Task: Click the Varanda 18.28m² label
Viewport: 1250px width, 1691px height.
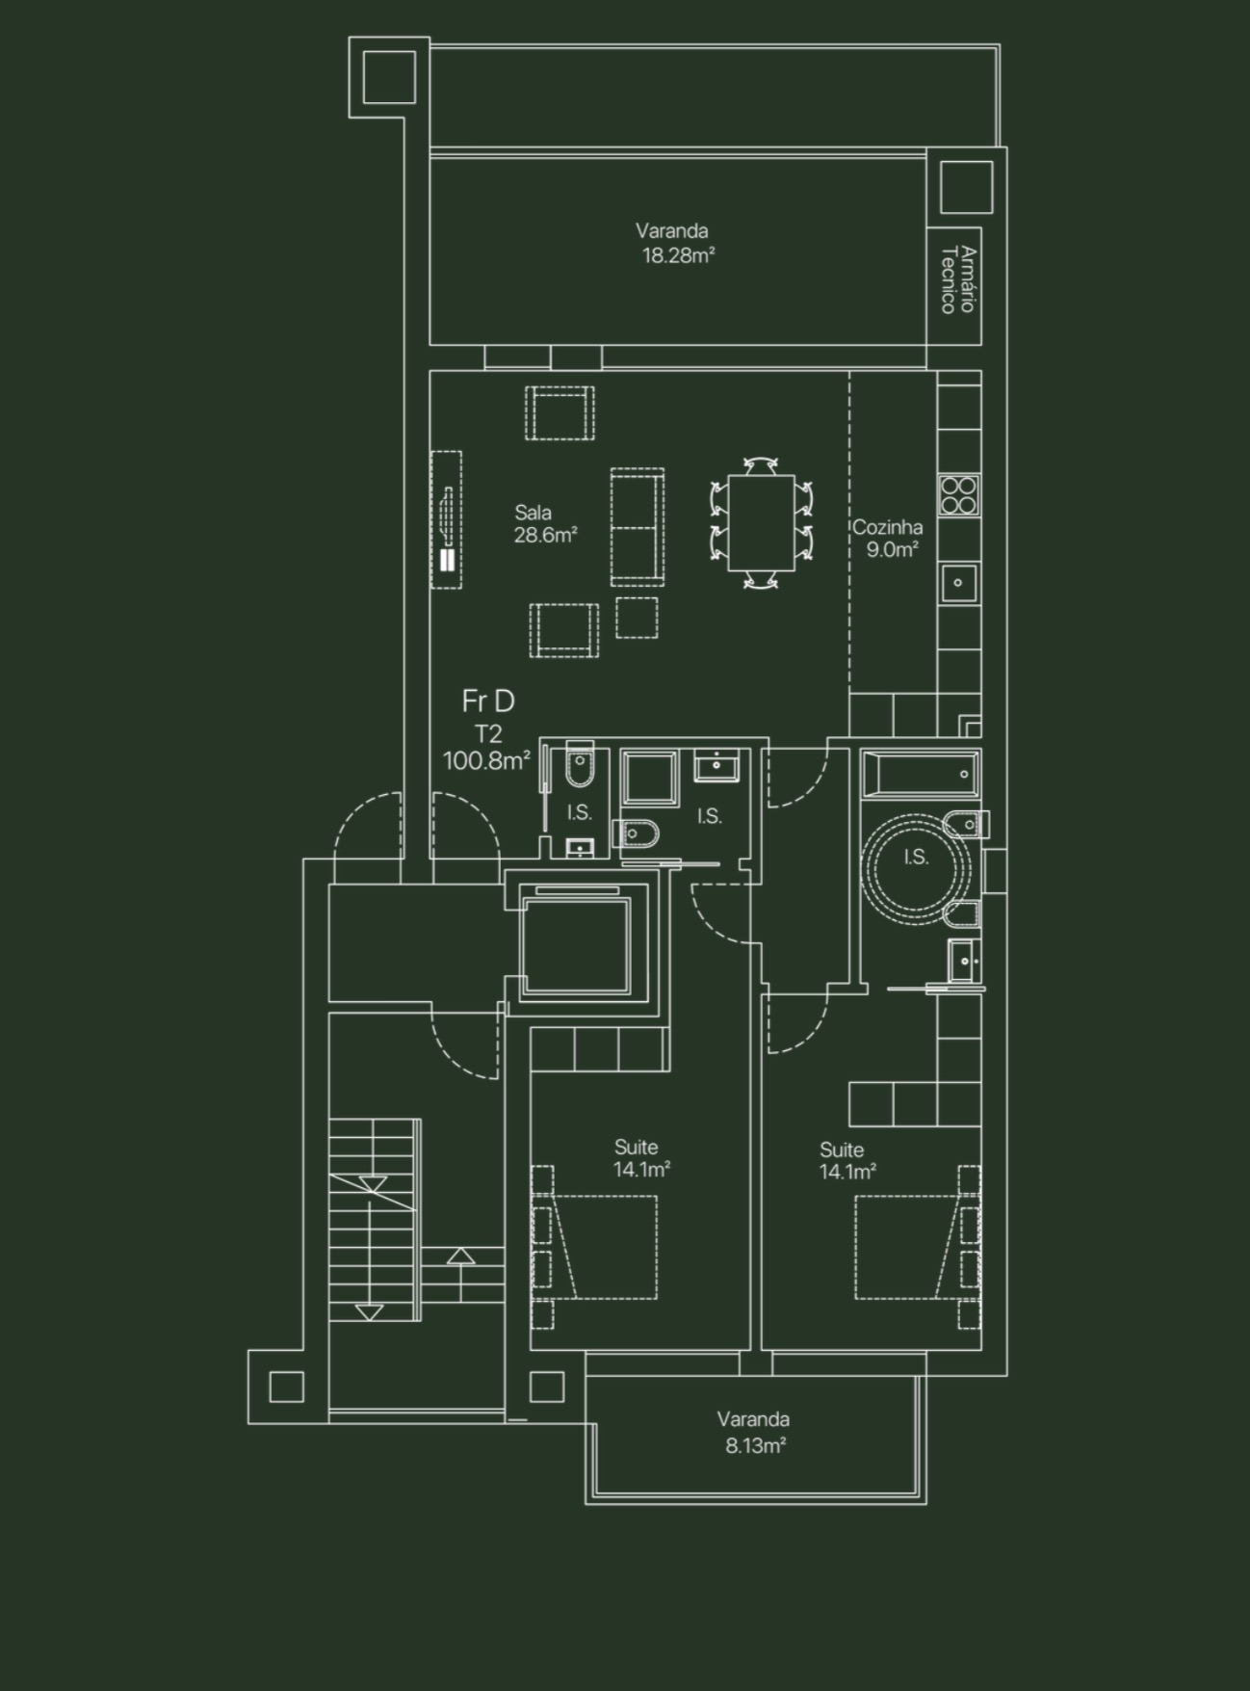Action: point(675,243)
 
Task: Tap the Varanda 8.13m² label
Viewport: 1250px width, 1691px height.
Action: point(754,1432)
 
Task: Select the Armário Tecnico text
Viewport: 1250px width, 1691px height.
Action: point(958,280)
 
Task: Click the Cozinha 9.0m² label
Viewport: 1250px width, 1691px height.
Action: point(888,538)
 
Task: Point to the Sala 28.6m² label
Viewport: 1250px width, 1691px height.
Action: point(544,524)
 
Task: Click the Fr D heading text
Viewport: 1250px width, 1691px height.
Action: point(488,700)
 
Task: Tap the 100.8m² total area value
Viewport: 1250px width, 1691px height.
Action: point(486,761)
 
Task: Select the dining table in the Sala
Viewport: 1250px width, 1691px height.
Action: point(761,522)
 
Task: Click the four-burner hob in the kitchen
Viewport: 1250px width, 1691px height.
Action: point(959,495)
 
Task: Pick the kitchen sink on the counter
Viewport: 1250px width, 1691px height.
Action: point(958,583)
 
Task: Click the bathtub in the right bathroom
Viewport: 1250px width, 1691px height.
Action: point(920,774)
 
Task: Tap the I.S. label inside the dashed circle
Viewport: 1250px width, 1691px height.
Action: point(916,857)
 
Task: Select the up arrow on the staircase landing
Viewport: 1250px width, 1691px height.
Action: point(461,1256)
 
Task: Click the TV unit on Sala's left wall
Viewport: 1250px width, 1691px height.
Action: point(446,519)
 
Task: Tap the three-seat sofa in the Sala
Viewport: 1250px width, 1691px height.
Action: point(638,527)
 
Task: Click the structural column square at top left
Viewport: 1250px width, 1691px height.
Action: point(389,77)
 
